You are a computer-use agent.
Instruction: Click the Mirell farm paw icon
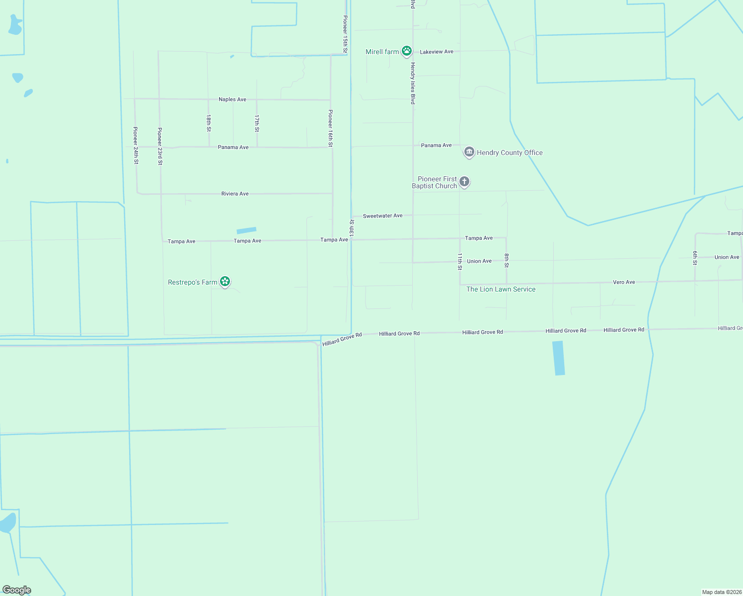click(x=407, y=51)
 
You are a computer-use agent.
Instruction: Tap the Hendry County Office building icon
click(x=469, y=152)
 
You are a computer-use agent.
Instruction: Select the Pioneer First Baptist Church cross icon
click(x=464, y=182)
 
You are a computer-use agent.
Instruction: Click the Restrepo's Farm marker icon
click(x=225, y=282)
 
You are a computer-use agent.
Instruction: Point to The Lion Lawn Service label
click(x=501, y=289)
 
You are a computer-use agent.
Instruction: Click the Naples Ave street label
click(x=232, y=99)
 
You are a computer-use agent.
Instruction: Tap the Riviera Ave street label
click(x=235, y=194)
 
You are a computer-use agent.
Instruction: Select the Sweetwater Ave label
click(x=382, y=216)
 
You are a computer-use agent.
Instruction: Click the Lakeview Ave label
click(x=437, y=52)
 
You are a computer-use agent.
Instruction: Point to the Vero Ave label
click(x=624, y=282)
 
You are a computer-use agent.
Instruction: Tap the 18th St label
click(x=209, y=123)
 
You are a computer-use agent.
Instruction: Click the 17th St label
click(x=257, y=123)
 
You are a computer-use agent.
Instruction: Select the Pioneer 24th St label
click(x=136, y=146)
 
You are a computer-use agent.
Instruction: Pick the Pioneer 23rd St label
click(x=160, y=147)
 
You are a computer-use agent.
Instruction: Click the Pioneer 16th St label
click(x=330, y=128)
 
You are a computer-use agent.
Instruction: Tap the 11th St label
click(x=460, y=261)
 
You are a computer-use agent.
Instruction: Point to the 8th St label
click(x=507, y=261)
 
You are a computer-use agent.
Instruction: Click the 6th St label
click(x=695, y=258)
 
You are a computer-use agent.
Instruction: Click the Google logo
click(x=17, y=590)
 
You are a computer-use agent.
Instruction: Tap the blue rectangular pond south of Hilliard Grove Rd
click(x=559, y=358)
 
